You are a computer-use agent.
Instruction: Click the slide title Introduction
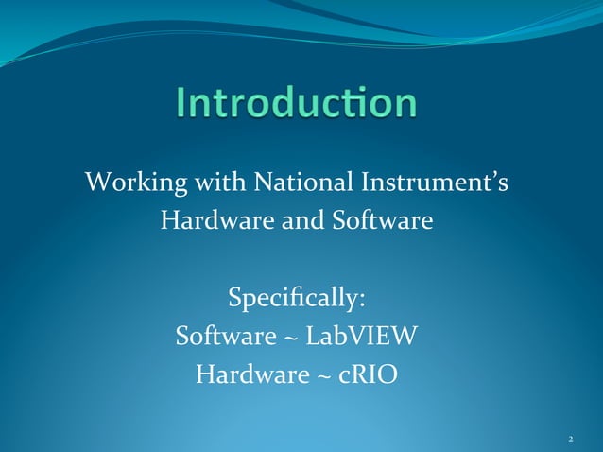tap(296, 103)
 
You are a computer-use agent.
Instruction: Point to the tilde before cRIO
tap(321, 377)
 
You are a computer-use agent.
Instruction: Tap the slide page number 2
tap(571, 440)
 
